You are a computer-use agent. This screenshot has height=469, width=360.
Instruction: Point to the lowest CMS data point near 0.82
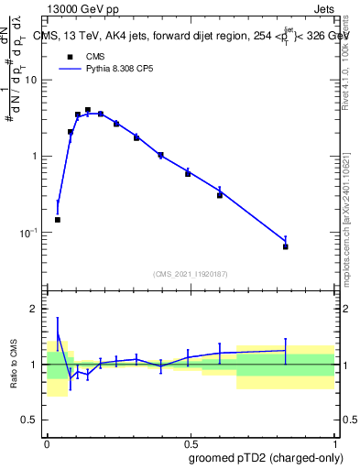coord(286,246)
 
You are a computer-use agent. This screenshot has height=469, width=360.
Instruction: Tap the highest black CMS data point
coord(88,110)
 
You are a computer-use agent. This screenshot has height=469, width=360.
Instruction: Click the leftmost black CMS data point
coord(58,220)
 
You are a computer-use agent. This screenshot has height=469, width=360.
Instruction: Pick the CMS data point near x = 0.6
coord(220,195)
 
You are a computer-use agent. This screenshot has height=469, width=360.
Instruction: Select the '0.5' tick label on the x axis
coord(190,442)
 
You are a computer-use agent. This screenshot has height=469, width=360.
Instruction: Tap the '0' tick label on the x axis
coord(48,442)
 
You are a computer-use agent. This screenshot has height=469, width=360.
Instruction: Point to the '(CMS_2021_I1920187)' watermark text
coord(191,274)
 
